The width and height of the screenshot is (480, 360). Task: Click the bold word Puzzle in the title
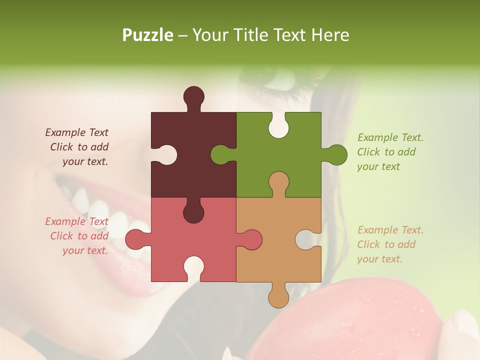[x=148, y=35]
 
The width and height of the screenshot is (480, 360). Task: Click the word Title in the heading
[x=250, y=35]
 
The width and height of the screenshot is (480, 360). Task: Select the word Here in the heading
[x=330, y=35]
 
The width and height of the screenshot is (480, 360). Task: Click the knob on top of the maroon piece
[x=194, y=96]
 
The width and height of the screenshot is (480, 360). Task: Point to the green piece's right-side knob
[x=337, y=154]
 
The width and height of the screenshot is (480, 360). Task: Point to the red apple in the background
[x=350, y=325]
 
